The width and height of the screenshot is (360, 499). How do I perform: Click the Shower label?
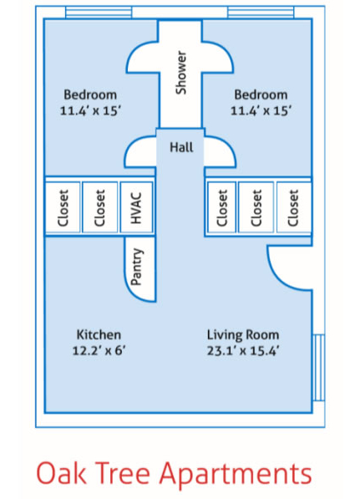[180, 73]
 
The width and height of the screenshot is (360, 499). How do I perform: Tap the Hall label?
[180, 147]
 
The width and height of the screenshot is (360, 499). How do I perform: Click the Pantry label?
[139, 267]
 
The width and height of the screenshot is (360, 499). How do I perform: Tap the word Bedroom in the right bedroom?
[261, 94]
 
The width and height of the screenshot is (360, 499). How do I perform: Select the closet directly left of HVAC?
[100, 207]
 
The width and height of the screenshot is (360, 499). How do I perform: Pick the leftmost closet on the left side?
[63, 207]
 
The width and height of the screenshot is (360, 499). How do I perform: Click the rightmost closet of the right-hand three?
[293, 207]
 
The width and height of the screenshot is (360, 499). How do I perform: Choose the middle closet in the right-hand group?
[257, 207]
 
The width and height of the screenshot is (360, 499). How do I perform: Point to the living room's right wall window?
[317, 368]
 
